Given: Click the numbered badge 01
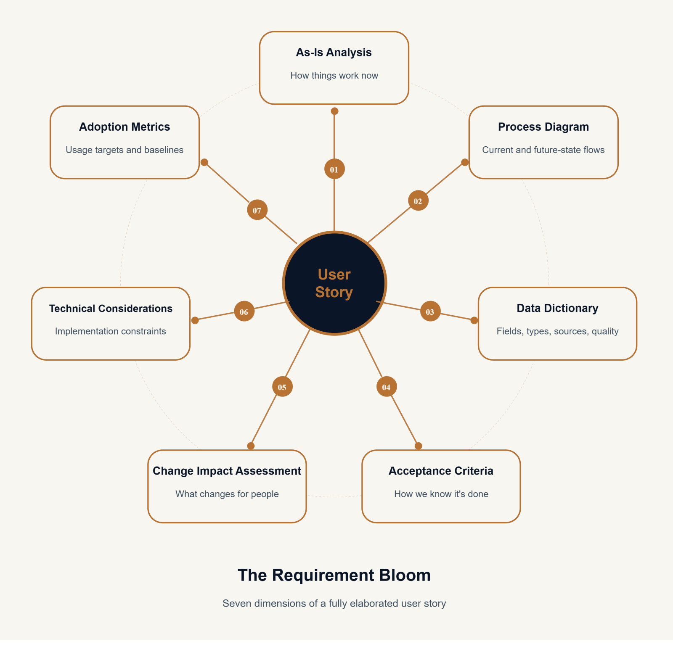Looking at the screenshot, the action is click(334, 169).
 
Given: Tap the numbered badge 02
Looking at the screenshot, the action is click(418, 201).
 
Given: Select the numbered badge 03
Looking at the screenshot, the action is click(430, 311).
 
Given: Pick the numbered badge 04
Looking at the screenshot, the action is click(387, 387).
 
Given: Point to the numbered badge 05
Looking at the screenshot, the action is click(282, 387).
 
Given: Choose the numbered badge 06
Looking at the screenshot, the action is click(244, 311).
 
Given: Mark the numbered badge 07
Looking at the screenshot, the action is click(257, 210).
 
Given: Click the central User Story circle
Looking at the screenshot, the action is click(334, 283).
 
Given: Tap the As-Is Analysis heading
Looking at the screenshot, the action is click(334, 53).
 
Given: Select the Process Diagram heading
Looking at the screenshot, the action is click(543, 127).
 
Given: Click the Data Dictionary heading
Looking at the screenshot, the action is click(557, 309).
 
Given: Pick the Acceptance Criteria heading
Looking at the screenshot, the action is click(441, 471).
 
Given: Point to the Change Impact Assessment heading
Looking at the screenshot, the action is click(227, 471).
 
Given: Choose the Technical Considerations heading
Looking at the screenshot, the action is click(111, 309).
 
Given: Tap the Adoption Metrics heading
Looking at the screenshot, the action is click(125, 127).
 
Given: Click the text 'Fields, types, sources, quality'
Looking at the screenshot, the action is click(557, 331).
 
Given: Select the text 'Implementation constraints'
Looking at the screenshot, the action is click(111, 331).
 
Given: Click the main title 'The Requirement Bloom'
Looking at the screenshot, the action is click(334, 575).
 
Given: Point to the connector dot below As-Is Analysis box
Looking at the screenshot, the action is click(334, 111).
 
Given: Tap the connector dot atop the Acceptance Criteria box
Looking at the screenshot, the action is click(419, 446).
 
